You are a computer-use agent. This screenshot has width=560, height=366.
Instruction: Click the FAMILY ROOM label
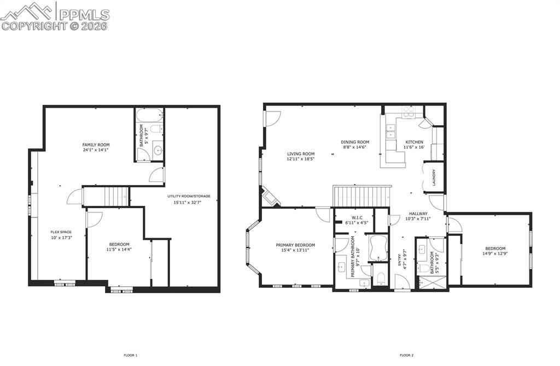pyautogui.click(x=96, y=145)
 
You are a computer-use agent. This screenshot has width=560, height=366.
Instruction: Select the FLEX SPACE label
pyautogui.click(x=62, y=232)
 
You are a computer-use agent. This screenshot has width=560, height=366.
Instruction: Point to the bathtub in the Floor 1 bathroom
pyautogui.click(x=149, y=115)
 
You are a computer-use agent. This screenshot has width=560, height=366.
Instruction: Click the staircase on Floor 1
pyautogui.click(x=116, y=195)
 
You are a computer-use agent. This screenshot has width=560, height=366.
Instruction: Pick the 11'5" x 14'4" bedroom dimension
pyautogui.click(x=119, y=250)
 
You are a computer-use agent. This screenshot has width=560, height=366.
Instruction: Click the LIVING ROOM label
pyautogui.click(x=301, y=154)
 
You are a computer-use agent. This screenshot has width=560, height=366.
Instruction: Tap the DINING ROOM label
pyautogui.click(x=356, y=142)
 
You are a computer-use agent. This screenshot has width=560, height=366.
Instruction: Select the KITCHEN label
pyautogui.click(x=414, y=142)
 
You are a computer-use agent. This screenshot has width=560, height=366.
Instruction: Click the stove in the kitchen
pyautogui.click(x=409, y=112)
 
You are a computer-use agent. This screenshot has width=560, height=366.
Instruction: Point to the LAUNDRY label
pyautogui.click(x=433, y=177)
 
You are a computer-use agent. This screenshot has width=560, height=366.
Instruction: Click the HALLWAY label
pyautogui.click(x=418, y=214)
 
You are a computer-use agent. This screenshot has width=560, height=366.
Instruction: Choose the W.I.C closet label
pyautogui.click(x=353, y=217)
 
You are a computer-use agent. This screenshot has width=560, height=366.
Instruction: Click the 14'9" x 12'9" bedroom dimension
pyautogui.click(x=495, y=253)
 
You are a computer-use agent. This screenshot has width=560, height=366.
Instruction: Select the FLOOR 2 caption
pyautogui.click(x=406, y=355)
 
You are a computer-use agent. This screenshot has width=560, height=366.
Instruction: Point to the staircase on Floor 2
pyautogui.click(x=361, y=196)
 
